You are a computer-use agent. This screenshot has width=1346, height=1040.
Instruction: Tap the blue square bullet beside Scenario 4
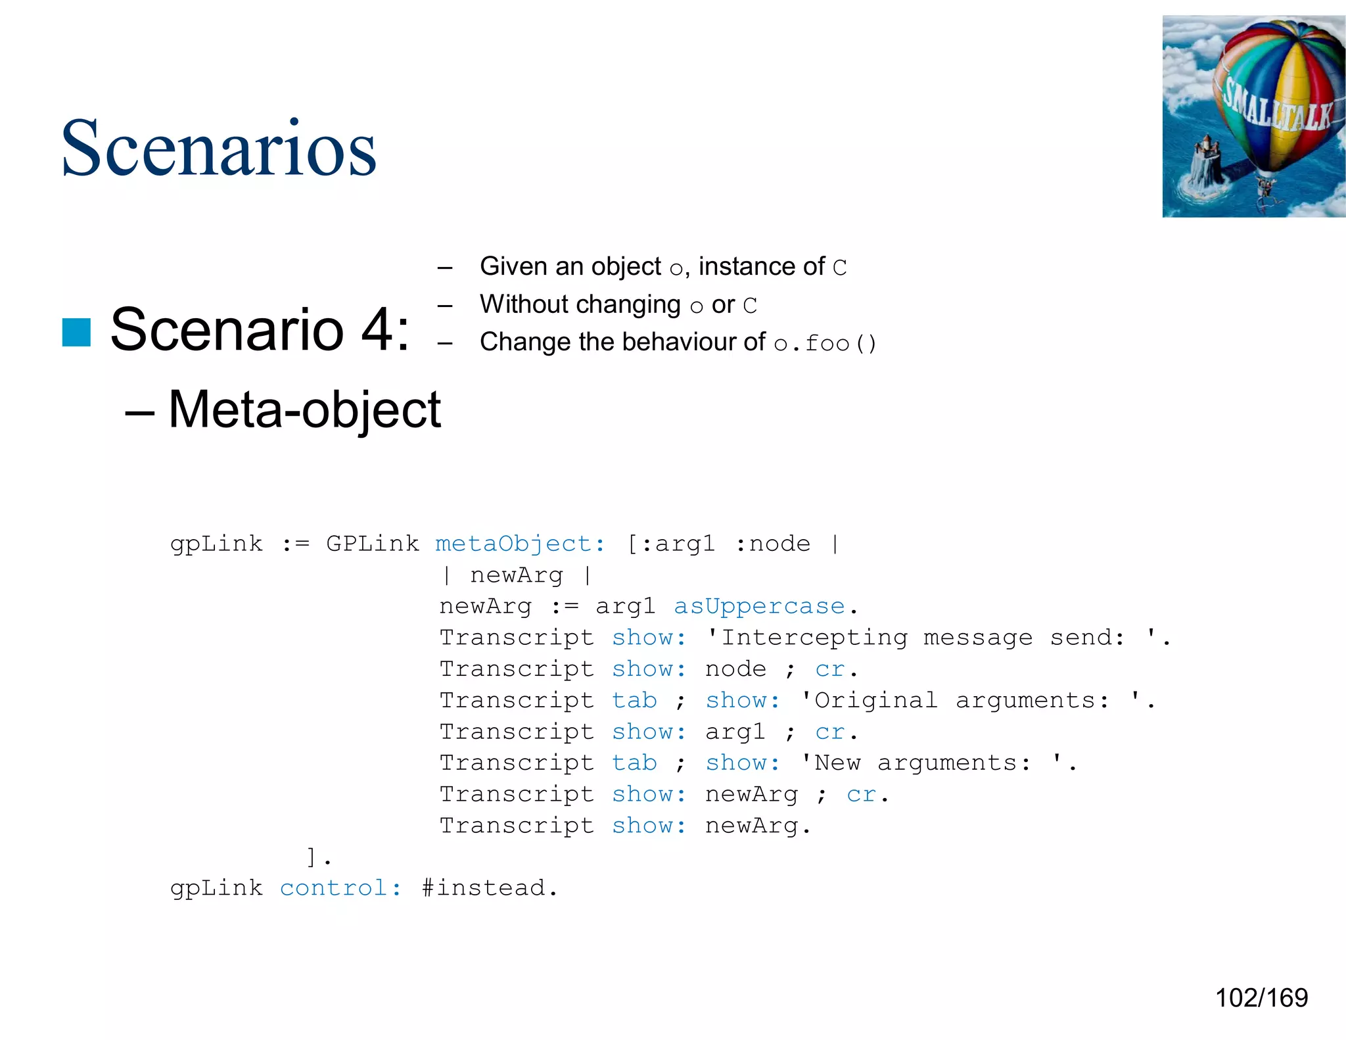tap(76, 332)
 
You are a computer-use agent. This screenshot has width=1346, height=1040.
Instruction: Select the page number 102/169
tap(1261, 998)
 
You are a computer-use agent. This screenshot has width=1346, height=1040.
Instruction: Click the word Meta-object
tap(304, 410)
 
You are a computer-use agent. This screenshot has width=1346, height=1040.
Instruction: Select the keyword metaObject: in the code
tap(519, 544)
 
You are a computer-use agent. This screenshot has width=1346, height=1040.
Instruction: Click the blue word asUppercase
tap(759, 606)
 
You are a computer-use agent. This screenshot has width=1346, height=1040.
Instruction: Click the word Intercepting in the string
tap(814, 637)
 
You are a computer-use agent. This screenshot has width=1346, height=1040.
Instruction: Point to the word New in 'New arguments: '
tap(837, 763)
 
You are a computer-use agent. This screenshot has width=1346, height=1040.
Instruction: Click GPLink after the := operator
tap(372, 544)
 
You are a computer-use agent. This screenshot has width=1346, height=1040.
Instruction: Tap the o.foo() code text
tap(825, 343)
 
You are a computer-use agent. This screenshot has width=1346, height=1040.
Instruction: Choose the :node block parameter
tap(773, 544)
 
